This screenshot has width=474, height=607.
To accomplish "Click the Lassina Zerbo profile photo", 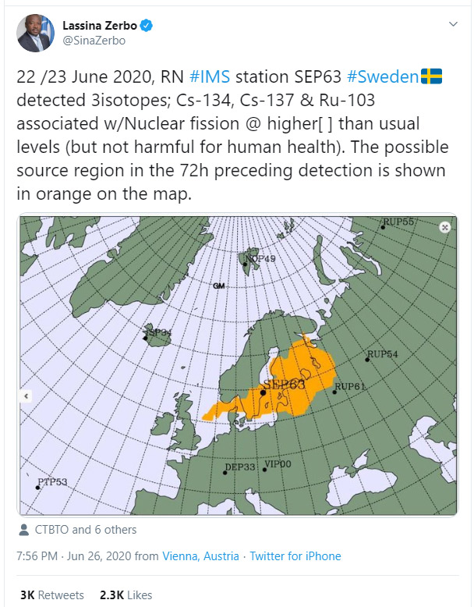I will tap(35, 33).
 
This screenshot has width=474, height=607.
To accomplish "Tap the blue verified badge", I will tap(146, 26).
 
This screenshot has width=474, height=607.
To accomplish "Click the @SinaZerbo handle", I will tap(94, 41).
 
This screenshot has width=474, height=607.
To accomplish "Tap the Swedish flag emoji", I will tap(431, 76).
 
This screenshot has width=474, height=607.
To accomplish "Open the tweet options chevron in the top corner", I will tap(453, 24).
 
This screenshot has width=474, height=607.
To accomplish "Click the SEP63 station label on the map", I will tap(284, 385).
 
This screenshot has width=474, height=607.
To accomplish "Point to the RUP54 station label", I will tap(382, 354).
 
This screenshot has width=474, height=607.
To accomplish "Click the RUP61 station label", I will tap(350, 386).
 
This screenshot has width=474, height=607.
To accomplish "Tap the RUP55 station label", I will tap(398, 222).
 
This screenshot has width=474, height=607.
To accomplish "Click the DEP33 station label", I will tap(240, 467).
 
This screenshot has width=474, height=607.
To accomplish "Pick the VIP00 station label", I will tap(278, 464).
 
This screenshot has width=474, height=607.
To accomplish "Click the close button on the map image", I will tap(444, 227).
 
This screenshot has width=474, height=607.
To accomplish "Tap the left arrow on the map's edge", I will tap(25, 396).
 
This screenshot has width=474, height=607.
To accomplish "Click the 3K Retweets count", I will tap(51, 595).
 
